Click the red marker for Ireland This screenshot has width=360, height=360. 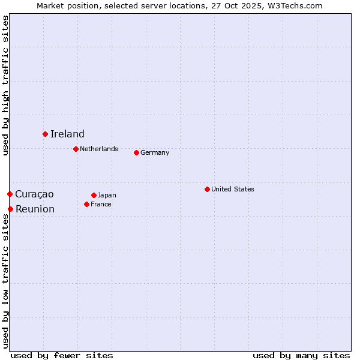(x=45, y=134)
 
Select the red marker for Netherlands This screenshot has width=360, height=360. (x=76, y=149)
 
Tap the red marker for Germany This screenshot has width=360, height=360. (x=136, y=152)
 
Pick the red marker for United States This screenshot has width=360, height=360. (x=207, y=189)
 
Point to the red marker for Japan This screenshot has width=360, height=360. (x=94, y=195)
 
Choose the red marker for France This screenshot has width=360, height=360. (x=86, y=204)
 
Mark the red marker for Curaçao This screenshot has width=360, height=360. (x=10, y=194)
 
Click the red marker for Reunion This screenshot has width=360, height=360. (x=10, y=209)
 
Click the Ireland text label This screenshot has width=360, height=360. (x=67, y=134)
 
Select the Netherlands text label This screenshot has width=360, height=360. (x=99, y=149)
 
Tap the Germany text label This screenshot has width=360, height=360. (x=155, y=152)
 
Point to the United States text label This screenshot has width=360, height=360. (x=233, y=189)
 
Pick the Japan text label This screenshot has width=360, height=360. (x=107, y=195)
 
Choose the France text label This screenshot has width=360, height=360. (x=101, y=204)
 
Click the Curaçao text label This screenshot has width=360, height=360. (x=34, y=194)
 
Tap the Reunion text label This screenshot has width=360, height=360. (x=35, y=209)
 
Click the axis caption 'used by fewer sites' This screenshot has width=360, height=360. (x=62, y=355)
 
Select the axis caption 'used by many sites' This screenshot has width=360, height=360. (x=301, y=355)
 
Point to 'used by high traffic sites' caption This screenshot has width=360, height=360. (x=5, y=86)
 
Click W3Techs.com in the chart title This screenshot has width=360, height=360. (x=294, y=5)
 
